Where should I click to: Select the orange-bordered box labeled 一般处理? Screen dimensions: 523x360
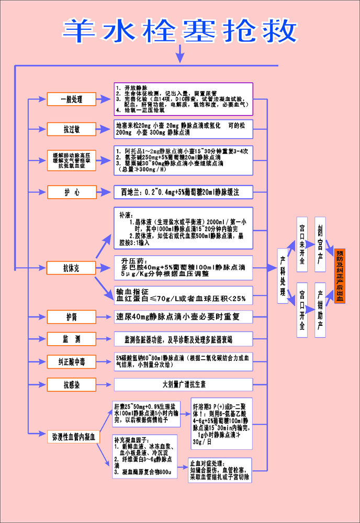click(x=71, y=99)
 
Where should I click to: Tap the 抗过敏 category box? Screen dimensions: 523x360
click(x=71, y=129)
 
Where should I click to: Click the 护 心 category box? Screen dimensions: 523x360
click(x=71, y=192)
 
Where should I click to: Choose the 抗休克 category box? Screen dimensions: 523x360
click(x=71, y=268)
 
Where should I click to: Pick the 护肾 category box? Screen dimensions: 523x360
click(x=71, y=316)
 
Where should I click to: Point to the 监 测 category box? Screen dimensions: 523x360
click(x=71, y=339)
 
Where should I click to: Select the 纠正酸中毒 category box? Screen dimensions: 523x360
click(x=71, y=361)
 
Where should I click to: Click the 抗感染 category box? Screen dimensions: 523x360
click(x=71, y=385)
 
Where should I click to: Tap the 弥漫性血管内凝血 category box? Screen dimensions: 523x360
click(x=71, y=436)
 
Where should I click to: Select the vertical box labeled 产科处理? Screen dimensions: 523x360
click(x=283, y=276)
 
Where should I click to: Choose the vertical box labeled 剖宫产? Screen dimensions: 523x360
click(x=320, y=244)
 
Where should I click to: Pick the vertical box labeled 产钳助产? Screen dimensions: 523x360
click(x=320, y=310)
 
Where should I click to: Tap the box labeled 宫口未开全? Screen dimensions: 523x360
click(x=302, y=244)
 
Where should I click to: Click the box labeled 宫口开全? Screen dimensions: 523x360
click(x=302, y=310)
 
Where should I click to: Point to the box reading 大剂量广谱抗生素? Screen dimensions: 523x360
click(x=184, y=385)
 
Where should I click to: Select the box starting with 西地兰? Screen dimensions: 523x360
click(x=184, y=192)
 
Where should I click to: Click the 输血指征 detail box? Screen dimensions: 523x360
click(x=184, y=295)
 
